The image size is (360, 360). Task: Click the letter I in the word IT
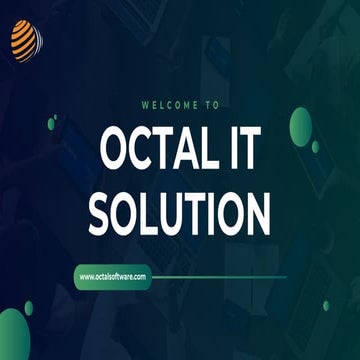pos(229,150)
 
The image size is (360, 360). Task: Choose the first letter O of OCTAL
pos(115,150)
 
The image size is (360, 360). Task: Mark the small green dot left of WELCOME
pos(52,122)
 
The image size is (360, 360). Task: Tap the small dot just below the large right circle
pos(315,147)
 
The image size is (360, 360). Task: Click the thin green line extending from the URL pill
pos(220,276)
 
